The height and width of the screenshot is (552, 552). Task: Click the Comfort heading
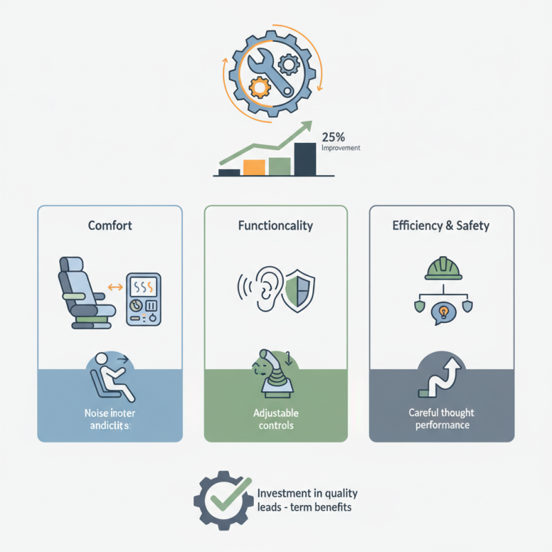[110, 225]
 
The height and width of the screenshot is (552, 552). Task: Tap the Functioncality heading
[275, 225]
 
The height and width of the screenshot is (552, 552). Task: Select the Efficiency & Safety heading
[442, 225]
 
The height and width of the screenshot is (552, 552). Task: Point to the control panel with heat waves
[144, 299]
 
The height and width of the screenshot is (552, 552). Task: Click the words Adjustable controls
[276, 419]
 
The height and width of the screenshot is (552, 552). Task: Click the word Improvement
[342, 148]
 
